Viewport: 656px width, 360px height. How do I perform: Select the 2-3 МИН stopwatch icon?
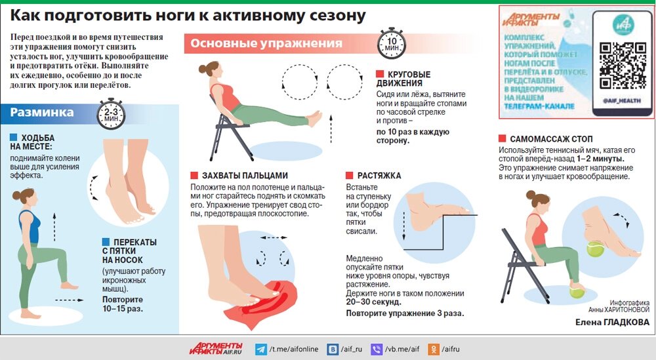(x=108, y=116)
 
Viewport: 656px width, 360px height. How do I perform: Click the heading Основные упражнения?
(x=266, y=44)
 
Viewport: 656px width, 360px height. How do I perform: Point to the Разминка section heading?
(x=42, y=113)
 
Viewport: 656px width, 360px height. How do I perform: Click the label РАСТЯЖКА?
(x=379, y=176)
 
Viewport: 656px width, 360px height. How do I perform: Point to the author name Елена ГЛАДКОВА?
(x=612, y=322)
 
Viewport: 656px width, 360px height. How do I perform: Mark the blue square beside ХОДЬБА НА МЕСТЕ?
(x=14, y=138)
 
